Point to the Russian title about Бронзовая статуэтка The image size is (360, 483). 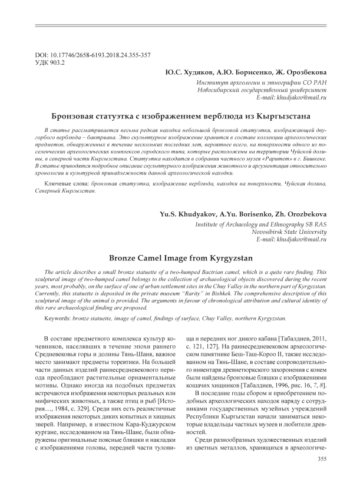pos(180,115)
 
